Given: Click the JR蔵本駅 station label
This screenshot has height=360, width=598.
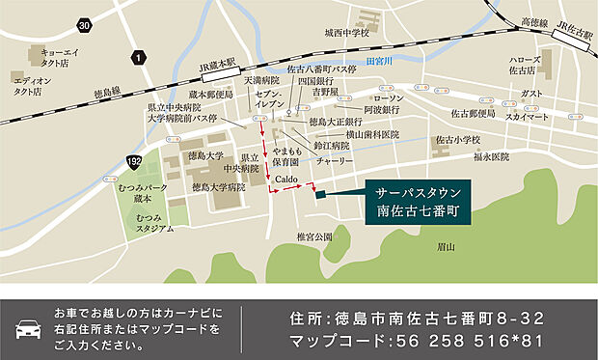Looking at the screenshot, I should click(x=218, y=67).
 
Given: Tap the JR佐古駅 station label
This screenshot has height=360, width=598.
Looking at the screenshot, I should click(x=575, y=32).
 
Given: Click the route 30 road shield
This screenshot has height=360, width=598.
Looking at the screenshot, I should click(x=85, y=25).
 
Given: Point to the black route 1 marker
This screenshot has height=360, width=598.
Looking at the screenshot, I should click(x=140, y=59).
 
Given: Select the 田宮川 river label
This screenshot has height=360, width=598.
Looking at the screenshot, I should click(x=381, y=60).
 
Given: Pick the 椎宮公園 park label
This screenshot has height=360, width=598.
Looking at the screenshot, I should click(x=314, y=235).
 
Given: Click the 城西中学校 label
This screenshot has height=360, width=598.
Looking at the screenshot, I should click(x=347, y=33).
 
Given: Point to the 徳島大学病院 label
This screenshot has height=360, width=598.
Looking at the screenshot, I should click(x=218, y=186).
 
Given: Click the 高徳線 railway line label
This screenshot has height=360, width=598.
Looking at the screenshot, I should click(x=533, y=21).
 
